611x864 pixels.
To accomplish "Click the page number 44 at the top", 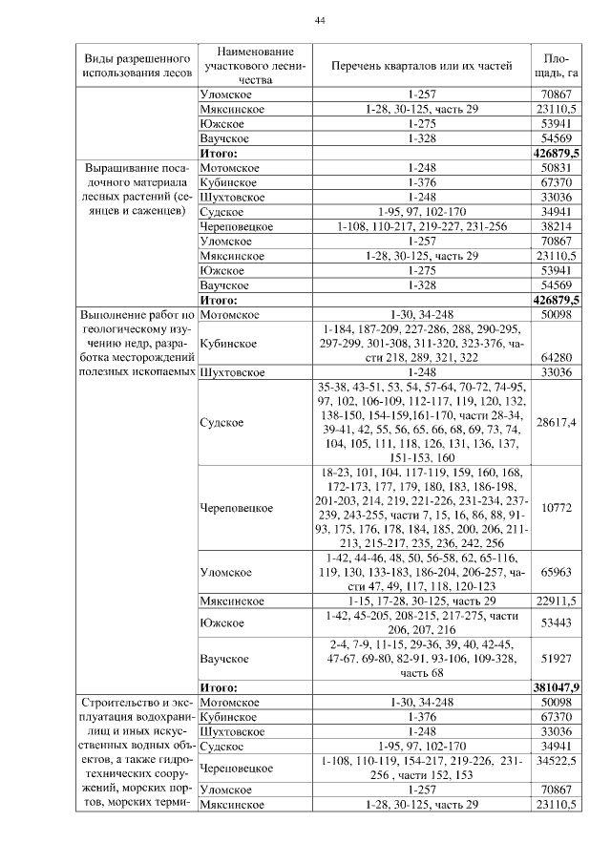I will (320, 21).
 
